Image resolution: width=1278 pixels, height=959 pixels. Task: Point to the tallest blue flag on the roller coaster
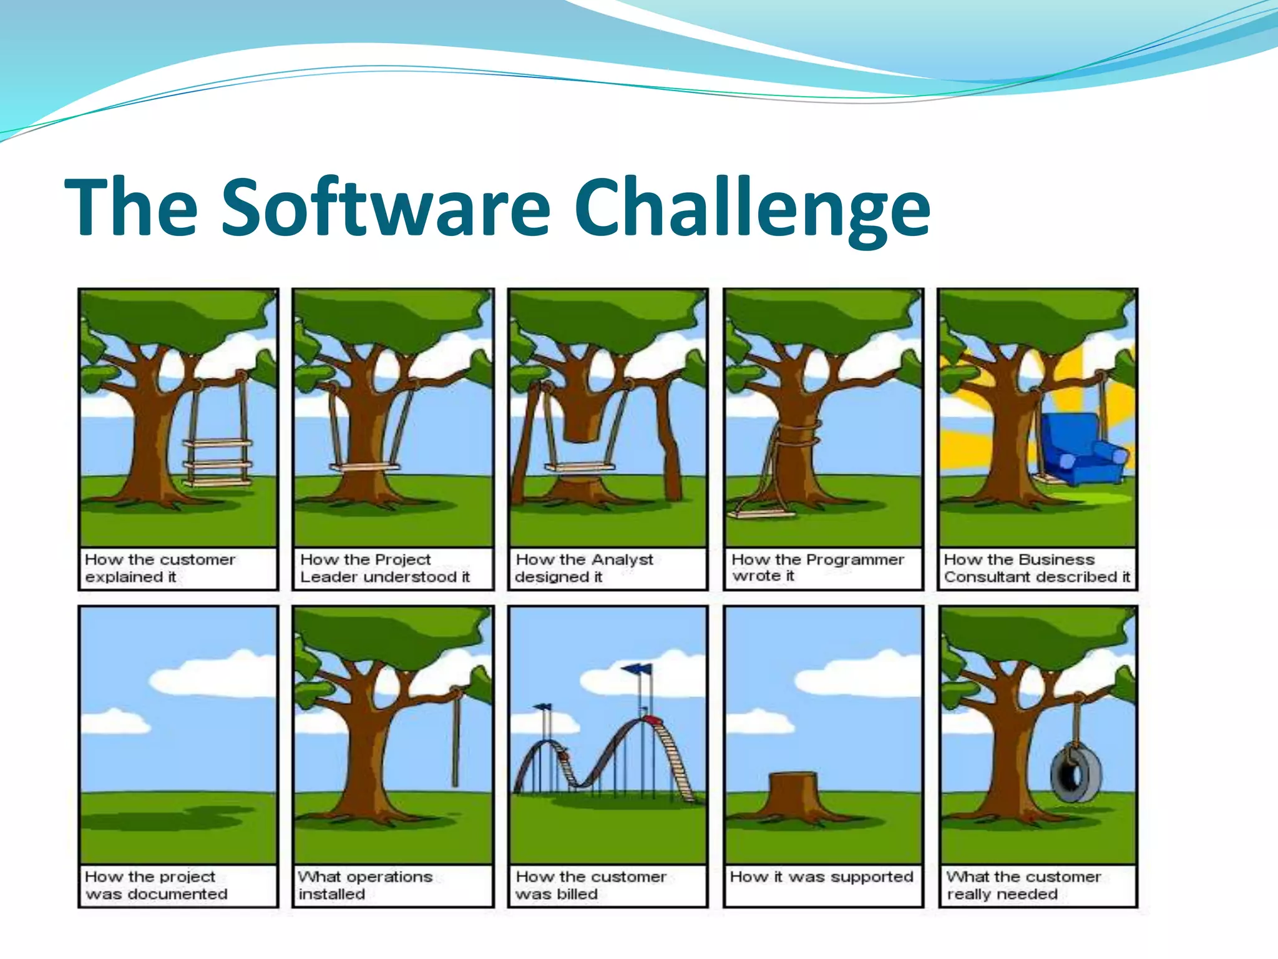click(x=637, y=669)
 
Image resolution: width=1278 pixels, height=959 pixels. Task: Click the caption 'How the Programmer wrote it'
click(x=817, y=568)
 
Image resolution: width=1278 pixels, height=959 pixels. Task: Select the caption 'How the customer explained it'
click(x=160, y=568)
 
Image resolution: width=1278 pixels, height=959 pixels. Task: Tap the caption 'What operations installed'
click(x=365, y=885)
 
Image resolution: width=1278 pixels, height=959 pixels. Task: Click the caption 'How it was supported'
click(x=821, y=877)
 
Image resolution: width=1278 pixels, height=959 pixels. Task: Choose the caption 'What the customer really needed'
click(x=1023, y=885)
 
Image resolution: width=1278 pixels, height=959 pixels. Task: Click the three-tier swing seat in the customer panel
click(x=217, y=463)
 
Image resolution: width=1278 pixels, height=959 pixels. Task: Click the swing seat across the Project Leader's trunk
click(x=364, y=466)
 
